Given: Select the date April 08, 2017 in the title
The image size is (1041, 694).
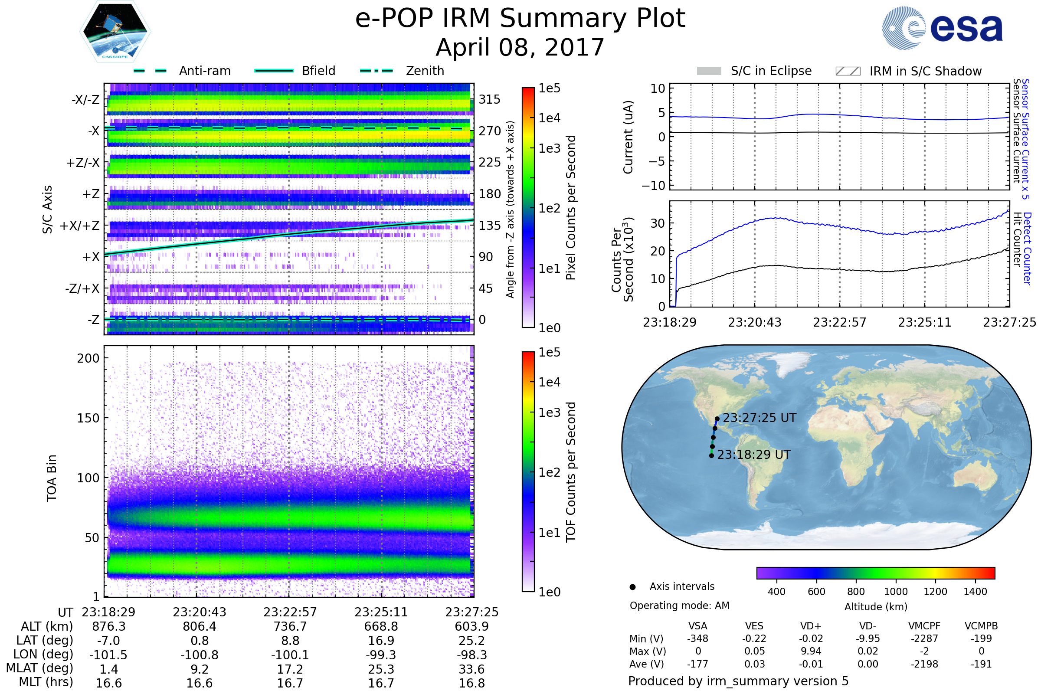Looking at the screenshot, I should click(520, 48).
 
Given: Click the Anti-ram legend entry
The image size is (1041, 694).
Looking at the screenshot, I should click(182, 71).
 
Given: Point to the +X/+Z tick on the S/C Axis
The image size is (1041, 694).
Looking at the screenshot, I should click(80, 226).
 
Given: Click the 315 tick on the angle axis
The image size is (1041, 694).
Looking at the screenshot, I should click(489, 99).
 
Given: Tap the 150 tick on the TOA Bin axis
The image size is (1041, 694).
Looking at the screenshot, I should click(88, 418).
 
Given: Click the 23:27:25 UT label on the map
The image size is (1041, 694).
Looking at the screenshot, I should click(759, 418).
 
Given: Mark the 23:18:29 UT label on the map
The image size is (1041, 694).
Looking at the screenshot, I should click(753, 455).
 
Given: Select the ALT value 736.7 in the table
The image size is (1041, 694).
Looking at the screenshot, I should click(290, 626).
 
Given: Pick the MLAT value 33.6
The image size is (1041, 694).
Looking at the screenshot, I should click(472, 669).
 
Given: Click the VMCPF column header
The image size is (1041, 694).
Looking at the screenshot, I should click(924, 626).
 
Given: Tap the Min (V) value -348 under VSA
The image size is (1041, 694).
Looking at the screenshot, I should click(697, 638).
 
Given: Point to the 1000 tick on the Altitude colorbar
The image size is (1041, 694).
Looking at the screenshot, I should click(895, 592).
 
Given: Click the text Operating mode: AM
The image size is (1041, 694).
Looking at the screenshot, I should click(679, 606).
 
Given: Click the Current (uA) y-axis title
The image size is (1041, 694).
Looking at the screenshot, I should click(628, 137).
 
